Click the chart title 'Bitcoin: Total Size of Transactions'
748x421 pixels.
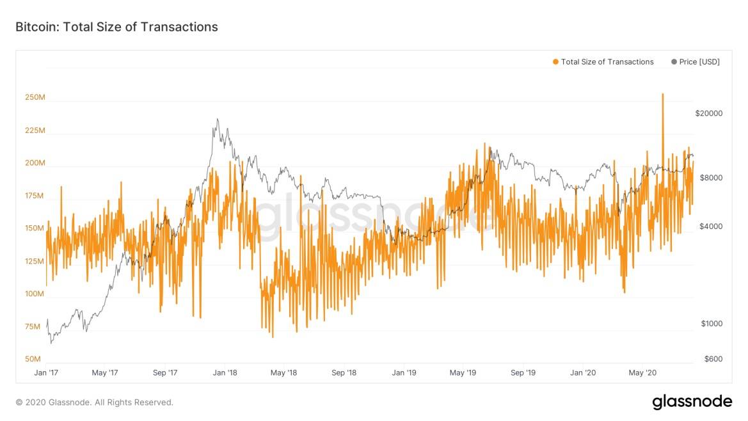pos(116,27)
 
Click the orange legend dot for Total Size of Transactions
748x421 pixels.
pos(555,62)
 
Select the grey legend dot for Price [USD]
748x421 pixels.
pos(674,62)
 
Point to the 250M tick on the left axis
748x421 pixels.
pos(35,98)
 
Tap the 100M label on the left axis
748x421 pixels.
pos(35,294)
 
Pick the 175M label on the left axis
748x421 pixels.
pos(35,196)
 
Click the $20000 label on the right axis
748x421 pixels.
pos(708,113)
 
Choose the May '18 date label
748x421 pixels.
pos(283,372)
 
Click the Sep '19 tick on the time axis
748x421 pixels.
pos(523,372)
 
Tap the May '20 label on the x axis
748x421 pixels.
pos(643,372)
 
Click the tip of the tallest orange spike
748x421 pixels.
pos(662,94)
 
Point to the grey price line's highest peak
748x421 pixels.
pos(218,119)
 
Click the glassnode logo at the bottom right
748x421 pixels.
pos(692,402)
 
